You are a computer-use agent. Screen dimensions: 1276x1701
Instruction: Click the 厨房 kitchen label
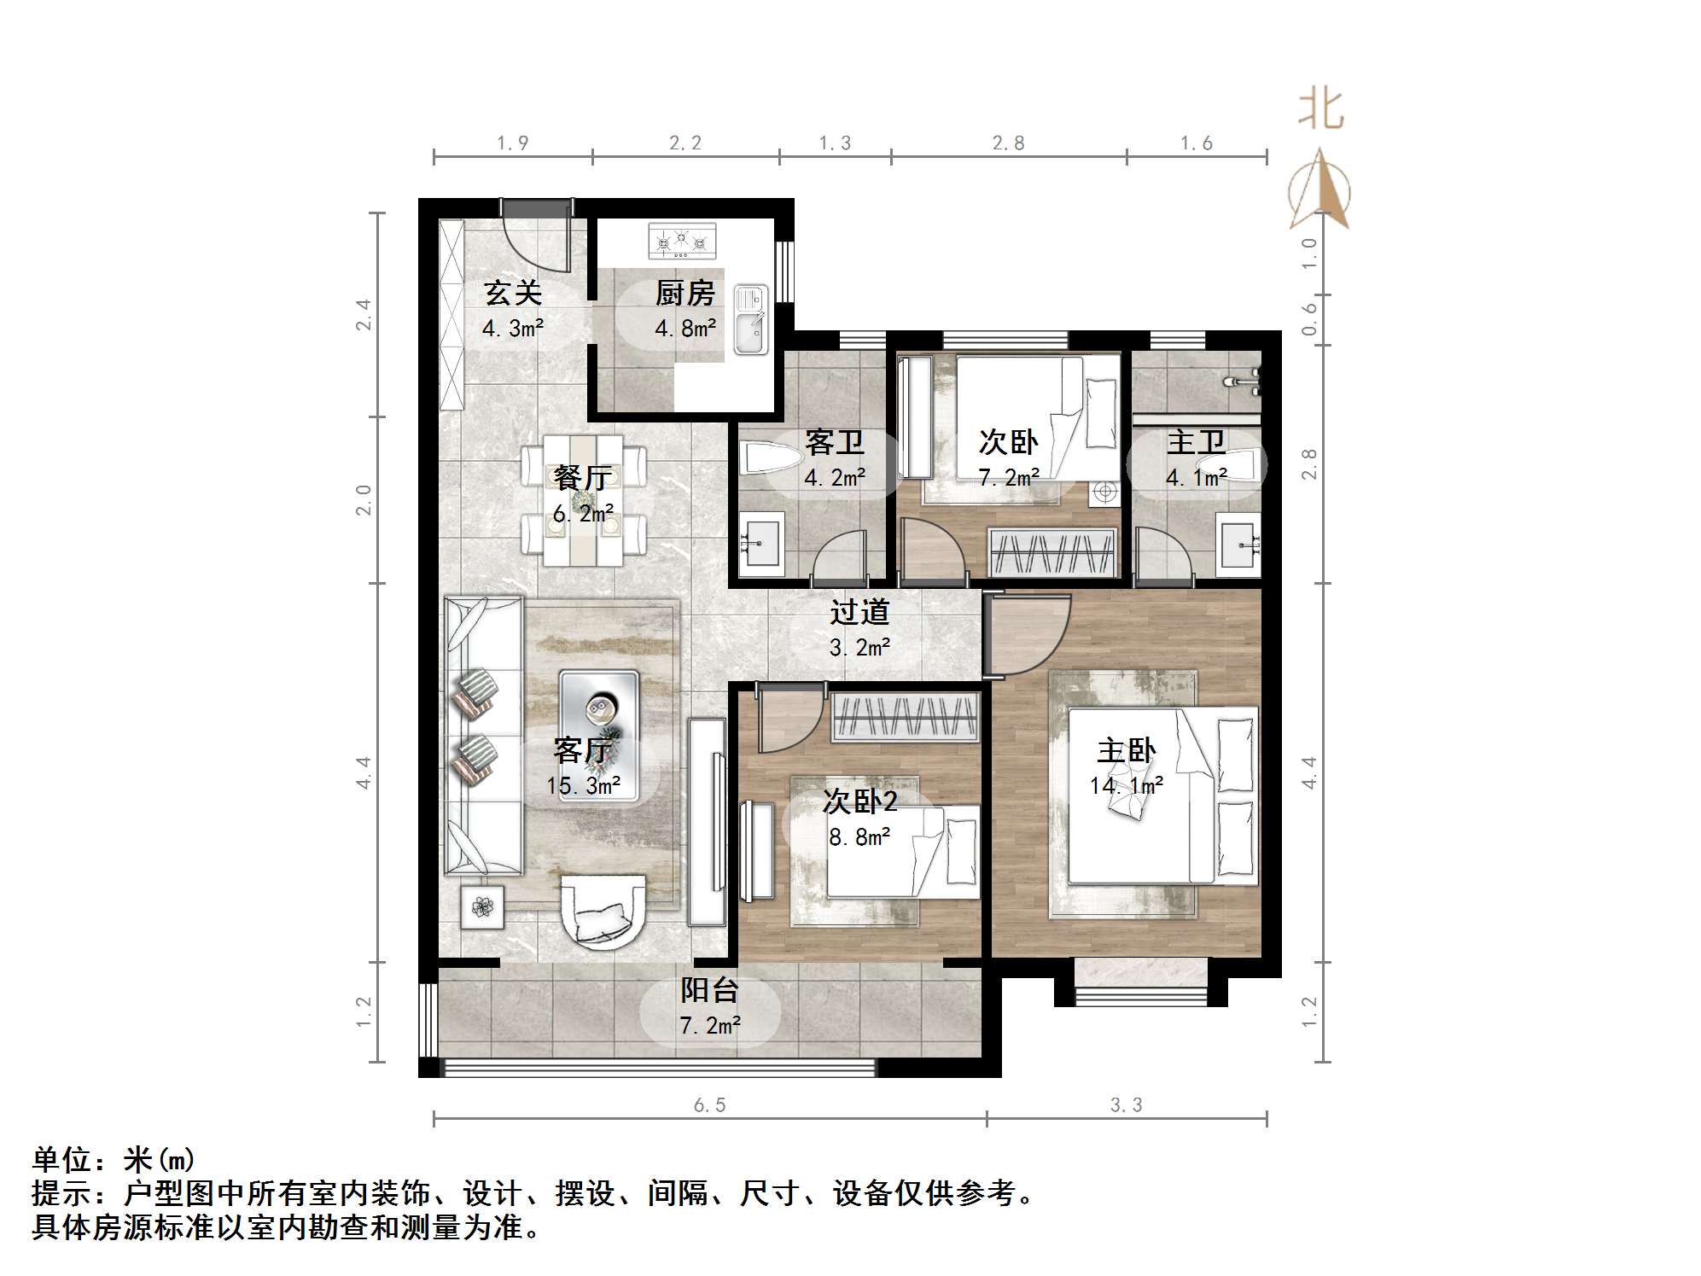(684, 294)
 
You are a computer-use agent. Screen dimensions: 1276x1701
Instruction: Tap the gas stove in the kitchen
(682, 242)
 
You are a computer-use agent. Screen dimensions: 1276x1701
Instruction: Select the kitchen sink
(751, 320)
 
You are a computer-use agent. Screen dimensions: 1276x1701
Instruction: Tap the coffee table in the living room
(598, 735)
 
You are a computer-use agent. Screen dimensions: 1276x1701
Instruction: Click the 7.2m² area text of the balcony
(709, 1024)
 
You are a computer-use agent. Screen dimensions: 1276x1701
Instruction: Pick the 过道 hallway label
(859, 612)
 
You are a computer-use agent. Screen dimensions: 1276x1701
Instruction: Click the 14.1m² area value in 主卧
(1126, 785)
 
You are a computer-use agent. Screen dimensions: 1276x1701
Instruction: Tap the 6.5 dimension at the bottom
(709, 1105)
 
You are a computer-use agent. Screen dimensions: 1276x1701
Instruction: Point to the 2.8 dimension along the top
(1008, 143)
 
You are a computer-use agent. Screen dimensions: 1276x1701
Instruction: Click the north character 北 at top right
(1320, 111)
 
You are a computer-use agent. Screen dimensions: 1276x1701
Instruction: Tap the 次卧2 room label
(859, 801)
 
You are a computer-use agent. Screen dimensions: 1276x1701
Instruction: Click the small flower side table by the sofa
(483, 907)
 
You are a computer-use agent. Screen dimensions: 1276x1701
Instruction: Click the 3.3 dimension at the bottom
(1126, 1105)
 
